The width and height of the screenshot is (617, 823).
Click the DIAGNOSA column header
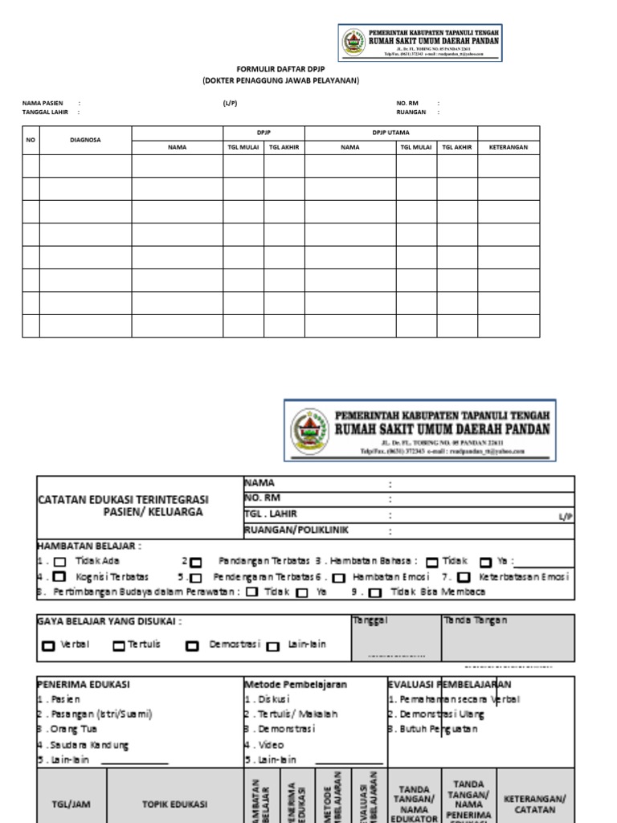pyautogui.click(x=85, y=140)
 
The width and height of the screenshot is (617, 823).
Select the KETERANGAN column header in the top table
pyautogui.click(x=508, y=148)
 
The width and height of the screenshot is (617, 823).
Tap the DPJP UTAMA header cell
pyautogui.click(x=390, y=133)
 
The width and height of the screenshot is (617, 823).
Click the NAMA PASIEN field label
pyautogui.click(x=43, y=104)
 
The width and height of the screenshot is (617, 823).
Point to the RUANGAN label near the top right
pyautogui.click(x=411, y=113)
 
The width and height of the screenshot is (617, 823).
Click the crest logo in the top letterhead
pyautogui.click(x=353, y=43)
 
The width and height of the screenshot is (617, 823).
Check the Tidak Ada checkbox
pyautogui.click(x=59, y=562)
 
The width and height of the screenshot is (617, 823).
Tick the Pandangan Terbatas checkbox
pyautogui.click(x=197, y=562)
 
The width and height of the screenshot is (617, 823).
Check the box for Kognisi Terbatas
pyautogui.click(x=59, y=577)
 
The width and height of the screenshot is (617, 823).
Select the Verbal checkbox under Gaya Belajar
pyautogui.click(x=48, y=645)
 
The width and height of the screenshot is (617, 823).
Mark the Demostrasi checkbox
pyautogui.click(x=193, y=645)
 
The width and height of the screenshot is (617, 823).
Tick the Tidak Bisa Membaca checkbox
pyautogui.click(x=375, y=593)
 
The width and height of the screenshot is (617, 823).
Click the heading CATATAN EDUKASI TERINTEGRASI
pyautogui.click(x=123, y=499)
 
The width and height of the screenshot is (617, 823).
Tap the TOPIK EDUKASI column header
pyautogui.click(x=174, y=803)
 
